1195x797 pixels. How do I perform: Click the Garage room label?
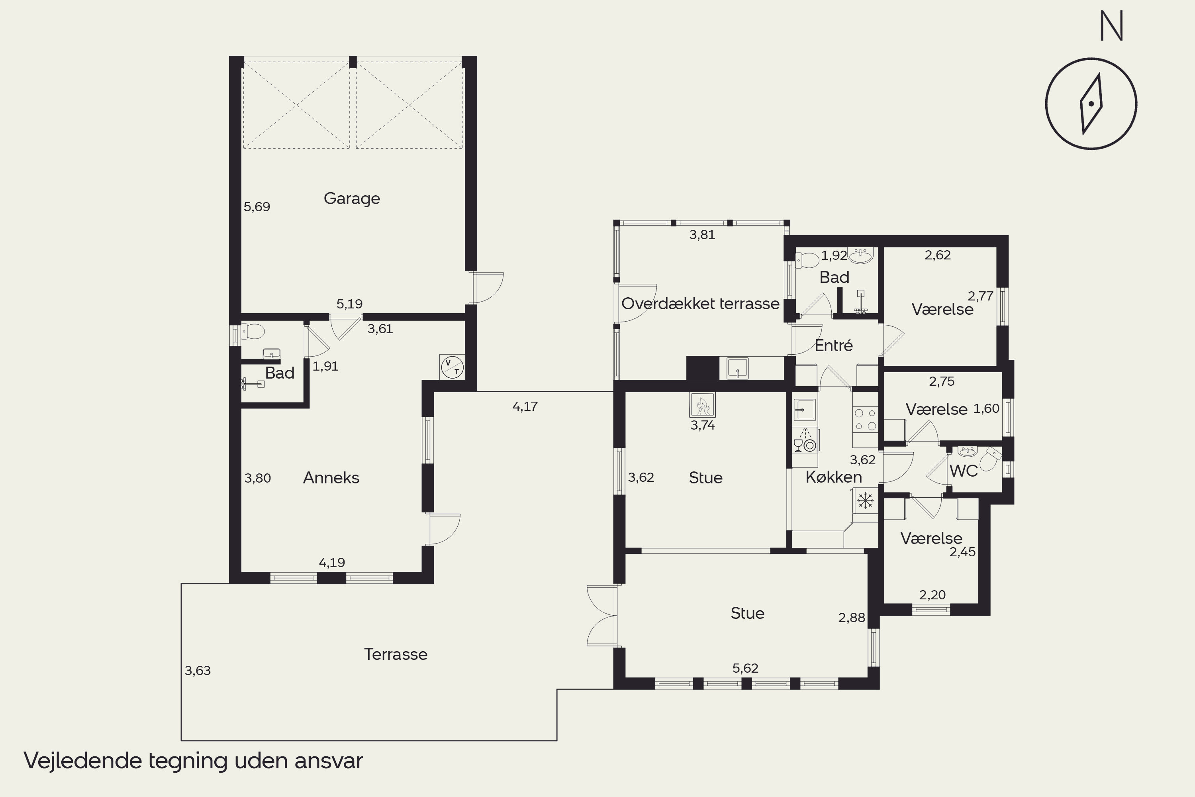point(352,198)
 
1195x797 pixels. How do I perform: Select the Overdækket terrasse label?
point(700,303)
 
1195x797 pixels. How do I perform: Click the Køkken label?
point(834,477)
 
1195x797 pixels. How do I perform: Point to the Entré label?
point(834,345)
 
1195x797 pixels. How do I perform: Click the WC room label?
point(963,471)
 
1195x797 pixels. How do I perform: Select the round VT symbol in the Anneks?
point(452,367)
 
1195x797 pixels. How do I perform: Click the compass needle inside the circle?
point(1091,104)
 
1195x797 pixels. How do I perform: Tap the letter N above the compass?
point(1112,26)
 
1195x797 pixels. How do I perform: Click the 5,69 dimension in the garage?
point(257,207)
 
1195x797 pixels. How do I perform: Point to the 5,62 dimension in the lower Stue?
point(745,668)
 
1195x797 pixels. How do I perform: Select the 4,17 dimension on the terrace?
point(525,406)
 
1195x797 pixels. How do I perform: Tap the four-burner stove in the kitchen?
point(865,419)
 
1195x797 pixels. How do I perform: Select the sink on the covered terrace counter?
point(737,368)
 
